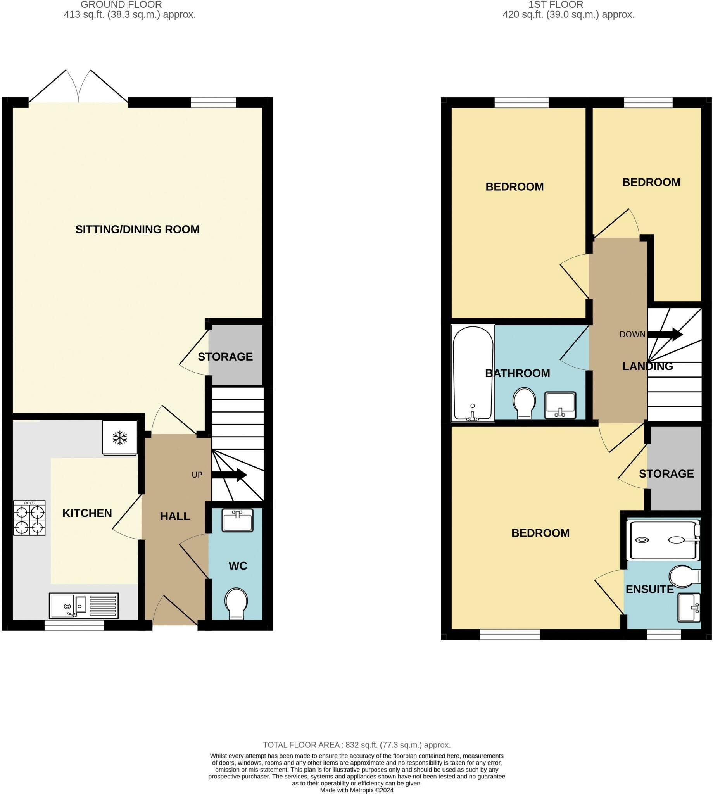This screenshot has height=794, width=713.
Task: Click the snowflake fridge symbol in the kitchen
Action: pyautogui.click(x=120, y=438)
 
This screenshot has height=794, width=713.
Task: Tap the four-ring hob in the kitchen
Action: pyautogui.click(x=29, y=518)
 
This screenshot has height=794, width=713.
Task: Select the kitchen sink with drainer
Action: pyautogui.click(x=84, y=606)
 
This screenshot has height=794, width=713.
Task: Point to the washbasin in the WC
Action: pyautogui.click(x=237, y=521)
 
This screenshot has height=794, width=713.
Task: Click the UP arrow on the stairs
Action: pyautogui.click(x=229, y=475)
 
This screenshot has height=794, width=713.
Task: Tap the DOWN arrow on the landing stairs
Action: pyautogui.click(x=665, y=334)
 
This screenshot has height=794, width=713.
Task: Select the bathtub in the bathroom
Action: pyautogui.click(x=473, y=373)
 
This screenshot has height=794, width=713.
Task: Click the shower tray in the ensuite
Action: pyautogui.click(x=663, y=539)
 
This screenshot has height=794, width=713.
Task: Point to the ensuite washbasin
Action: pyautogui.click(x=689, y=608)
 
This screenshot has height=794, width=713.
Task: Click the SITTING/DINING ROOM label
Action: pyautogui.click(x=138, y=230)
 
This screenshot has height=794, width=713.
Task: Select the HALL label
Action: pyautogui.click(x=175, y=516)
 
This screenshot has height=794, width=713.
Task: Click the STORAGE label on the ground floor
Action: pyautogui.click(x=225, y=357)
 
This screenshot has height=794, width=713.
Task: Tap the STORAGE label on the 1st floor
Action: pyautogui.click(x=666, y=474)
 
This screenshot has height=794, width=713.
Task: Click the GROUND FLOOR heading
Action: pyautogui.click(x=121, y=5)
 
